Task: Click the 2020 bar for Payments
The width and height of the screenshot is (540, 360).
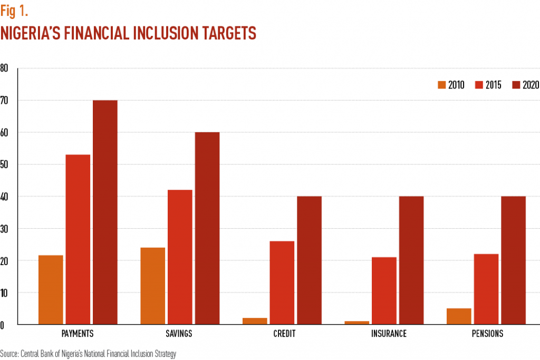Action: tap(105, 212)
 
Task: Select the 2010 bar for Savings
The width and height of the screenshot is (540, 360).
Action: tap(152, 286)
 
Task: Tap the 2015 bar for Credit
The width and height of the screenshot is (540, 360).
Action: tap(282, 283)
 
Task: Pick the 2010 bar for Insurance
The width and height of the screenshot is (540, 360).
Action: tap(357, 322)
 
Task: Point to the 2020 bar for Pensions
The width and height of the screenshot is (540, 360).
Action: tap(513, 260)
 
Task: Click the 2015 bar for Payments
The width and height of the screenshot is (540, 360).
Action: tap(78, 239)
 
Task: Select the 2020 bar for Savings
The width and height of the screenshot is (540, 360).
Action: tap(207, 228)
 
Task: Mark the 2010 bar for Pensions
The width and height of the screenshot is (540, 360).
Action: tap(459, 316)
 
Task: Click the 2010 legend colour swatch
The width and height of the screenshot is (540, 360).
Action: tap(441, 85)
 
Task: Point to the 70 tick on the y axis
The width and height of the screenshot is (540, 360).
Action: tap(4, 100)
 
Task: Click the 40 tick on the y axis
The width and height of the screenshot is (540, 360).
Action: tap(4, 197)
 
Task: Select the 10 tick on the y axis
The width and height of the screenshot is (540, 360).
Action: tap(4, 293)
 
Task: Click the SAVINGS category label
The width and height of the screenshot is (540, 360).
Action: tap(179, 334)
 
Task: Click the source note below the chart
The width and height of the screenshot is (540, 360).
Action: tap(88, 354)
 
